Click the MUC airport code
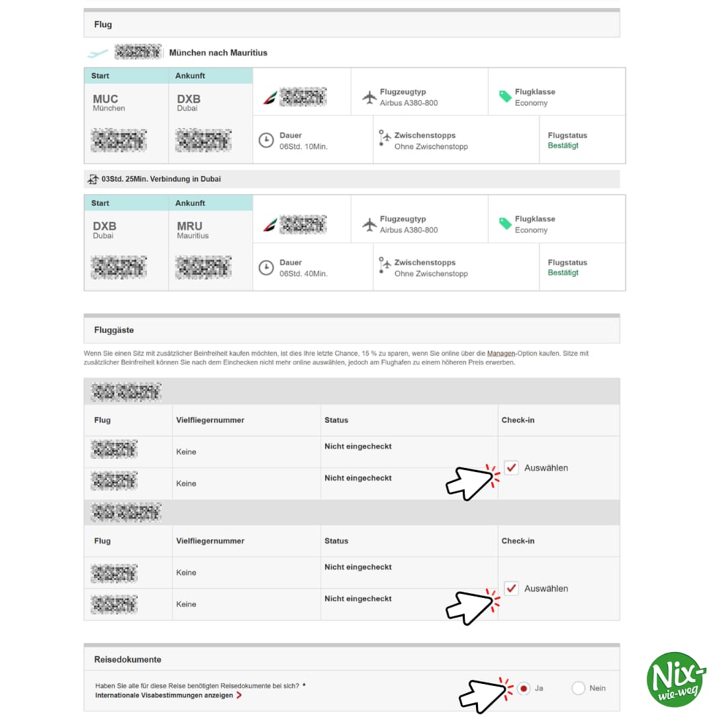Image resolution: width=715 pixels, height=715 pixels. click(105, 99)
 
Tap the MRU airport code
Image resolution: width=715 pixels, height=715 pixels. click(189, 226)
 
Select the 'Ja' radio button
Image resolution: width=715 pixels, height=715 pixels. click(524, 689)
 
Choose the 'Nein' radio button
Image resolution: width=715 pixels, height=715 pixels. click(578, 689)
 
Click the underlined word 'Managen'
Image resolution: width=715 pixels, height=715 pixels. click(501, 354)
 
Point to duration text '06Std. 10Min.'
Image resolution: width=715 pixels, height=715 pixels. click(303, 146)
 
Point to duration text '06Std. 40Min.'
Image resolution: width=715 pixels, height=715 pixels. click(303, 273)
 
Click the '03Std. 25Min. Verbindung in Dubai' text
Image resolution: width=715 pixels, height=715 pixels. click(161, 179)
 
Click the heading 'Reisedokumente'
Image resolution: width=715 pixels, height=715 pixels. click(128, 659)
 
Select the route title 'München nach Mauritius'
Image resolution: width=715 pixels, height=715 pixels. click(218, 52)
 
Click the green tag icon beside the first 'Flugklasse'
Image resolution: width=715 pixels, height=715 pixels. click(505, 97)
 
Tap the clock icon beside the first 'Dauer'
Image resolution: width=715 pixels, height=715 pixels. click(266, 140)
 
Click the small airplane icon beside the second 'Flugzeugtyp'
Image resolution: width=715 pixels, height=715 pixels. click(369, 224)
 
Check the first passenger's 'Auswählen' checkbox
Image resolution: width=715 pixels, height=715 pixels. click(511, 468)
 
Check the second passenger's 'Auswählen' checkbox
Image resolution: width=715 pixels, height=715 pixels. click(511, 589)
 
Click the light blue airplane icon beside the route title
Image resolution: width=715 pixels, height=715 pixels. click(98, 53)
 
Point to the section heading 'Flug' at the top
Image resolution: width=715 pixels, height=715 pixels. click(103, 24)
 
